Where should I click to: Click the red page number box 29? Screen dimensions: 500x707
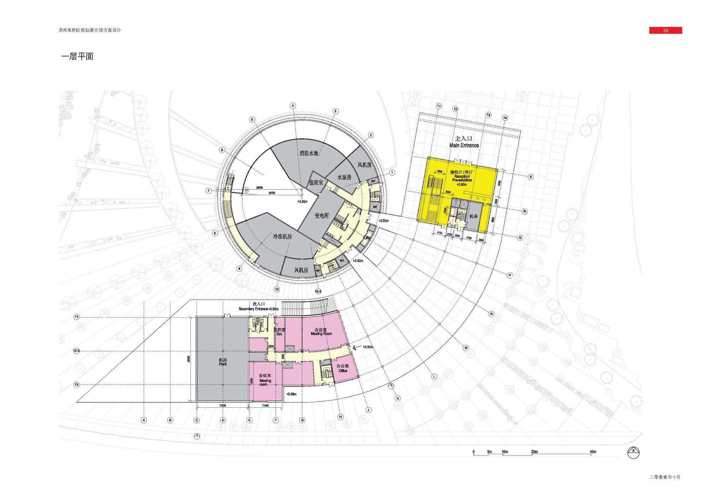pos(665,30)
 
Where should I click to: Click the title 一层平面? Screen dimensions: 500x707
pos(77,57)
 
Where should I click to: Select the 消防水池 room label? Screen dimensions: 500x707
pos(309,153)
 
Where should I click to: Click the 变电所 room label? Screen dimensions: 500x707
pos(322,215)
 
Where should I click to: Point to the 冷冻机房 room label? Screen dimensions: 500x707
pos(282,237)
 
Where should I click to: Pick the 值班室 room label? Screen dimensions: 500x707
pos(316,182)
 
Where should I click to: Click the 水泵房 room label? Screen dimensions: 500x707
pos(344,177)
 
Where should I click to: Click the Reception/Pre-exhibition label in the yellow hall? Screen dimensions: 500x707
pos(462,178)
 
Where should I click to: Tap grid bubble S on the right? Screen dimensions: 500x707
pos(531,177)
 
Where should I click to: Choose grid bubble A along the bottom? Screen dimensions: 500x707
pos(144,420)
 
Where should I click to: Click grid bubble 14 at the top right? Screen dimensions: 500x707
pos(505,118)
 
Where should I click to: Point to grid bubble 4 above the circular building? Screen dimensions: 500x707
pos(293,105)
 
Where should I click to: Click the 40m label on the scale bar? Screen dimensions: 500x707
pos(593,452)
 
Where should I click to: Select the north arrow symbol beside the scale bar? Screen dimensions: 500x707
pos(633,453)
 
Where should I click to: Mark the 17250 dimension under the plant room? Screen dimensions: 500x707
pos(223,406)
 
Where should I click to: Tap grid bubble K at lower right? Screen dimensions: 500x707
pos(398,399)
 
